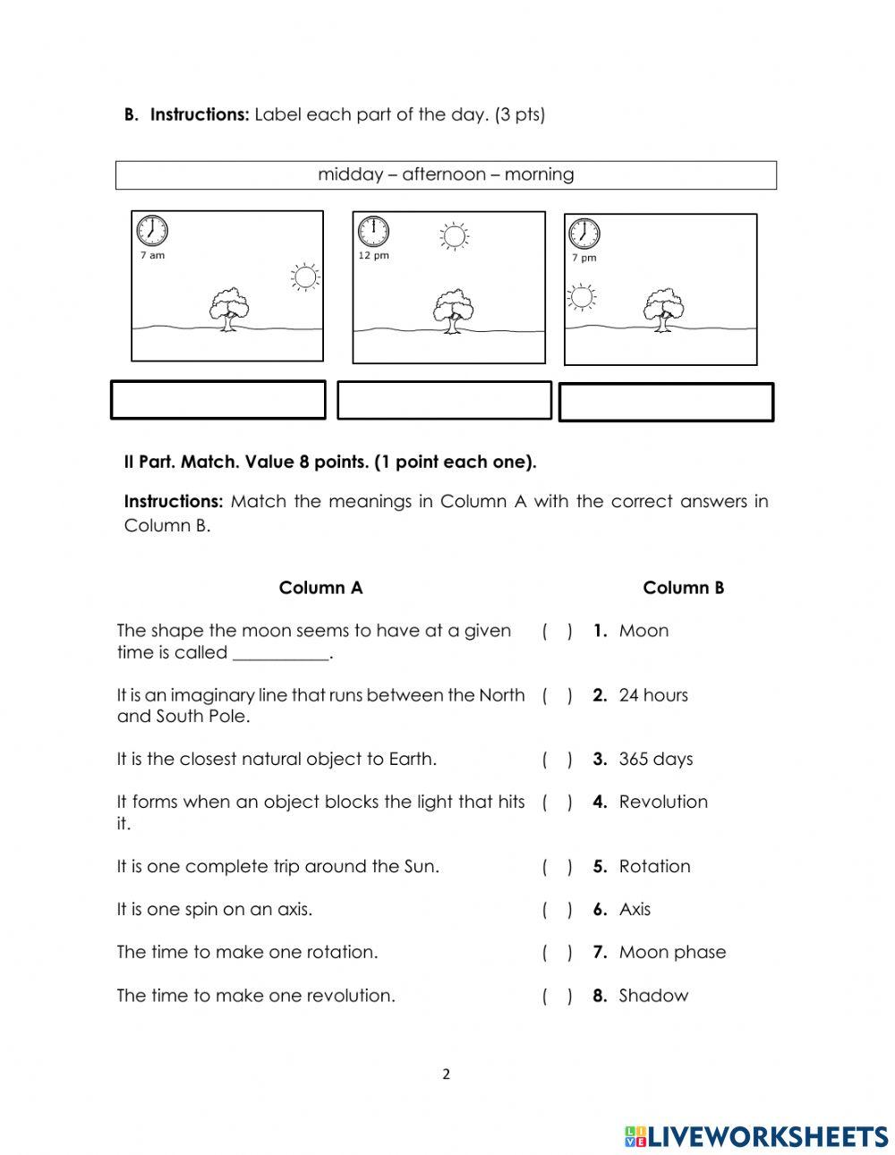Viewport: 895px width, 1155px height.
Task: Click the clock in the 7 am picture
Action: tap(152, 231)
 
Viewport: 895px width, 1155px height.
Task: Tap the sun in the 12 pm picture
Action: tap(454, 236)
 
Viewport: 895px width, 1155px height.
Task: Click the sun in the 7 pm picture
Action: tap(583, 297)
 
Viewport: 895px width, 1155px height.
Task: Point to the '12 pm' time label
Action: tap(373, 256)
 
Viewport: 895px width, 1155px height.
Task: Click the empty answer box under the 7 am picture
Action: tap(217, 400)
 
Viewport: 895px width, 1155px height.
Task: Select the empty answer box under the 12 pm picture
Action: tap(444, 400)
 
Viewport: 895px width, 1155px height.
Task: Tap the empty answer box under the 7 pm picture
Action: tap(666, 403)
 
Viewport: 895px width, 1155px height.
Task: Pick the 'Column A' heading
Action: tap(320, 588)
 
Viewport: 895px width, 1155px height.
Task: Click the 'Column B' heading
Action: tap(683, 588)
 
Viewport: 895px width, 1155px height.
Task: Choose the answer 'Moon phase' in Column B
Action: tap(672, 952)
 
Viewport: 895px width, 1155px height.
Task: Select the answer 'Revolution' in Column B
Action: tap(662, 802)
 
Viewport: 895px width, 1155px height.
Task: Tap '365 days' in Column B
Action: tap(655, 759)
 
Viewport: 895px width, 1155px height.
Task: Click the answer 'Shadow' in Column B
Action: tap(653, 995)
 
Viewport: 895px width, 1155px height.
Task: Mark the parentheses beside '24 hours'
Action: tap(557, 695)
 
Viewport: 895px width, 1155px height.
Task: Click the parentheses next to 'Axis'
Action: tap(557, 910)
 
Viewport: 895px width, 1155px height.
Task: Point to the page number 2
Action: tap(446, 1074)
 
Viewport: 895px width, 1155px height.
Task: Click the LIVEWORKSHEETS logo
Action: tap(755, 1136)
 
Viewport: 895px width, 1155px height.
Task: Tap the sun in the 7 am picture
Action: tap(305, 277)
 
